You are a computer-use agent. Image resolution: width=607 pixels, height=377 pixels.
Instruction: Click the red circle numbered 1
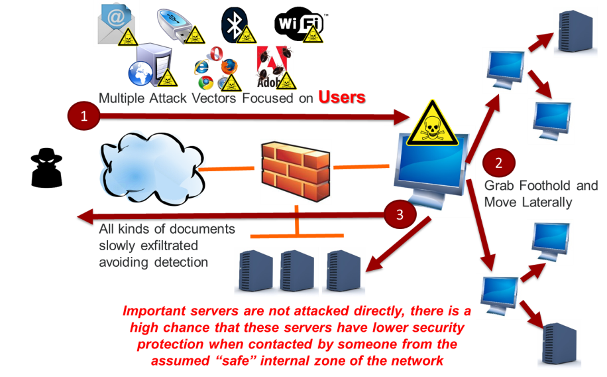(83, 117)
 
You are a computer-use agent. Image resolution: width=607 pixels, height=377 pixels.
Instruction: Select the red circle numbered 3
(400, 214)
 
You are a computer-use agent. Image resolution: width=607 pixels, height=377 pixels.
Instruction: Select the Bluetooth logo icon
(233, 24)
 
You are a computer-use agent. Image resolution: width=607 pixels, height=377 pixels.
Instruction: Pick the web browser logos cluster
(215, 68)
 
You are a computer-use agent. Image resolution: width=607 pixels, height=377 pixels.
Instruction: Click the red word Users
(341, 97)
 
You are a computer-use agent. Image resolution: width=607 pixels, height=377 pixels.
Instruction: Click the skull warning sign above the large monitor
(432, 123)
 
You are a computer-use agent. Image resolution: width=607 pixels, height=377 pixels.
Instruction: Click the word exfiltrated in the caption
(167, 246)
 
